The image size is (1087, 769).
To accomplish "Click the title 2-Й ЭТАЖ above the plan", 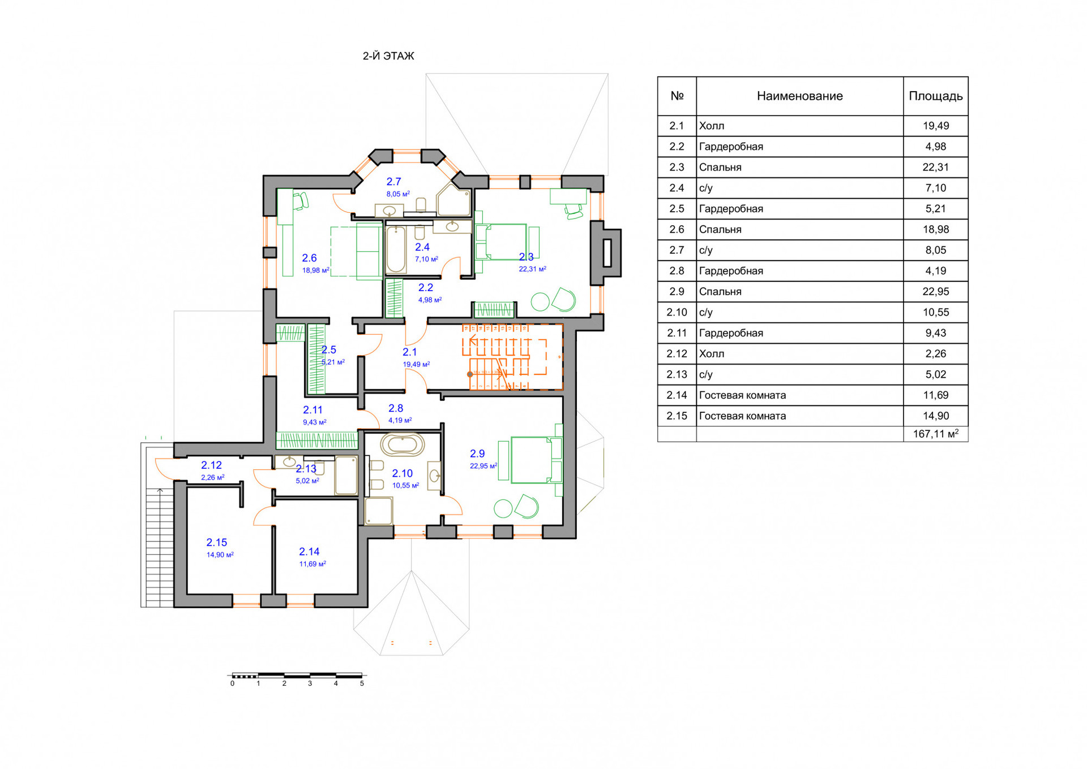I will (x=388, y=56).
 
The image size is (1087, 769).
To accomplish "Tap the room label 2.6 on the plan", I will (x=309, y=258).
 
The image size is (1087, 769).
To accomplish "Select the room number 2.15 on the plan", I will (x=216, y=542).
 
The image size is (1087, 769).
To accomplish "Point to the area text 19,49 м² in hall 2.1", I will (x=416, y=364).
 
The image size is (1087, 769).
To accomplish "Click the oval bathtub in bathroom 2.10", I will (x=402, y=445).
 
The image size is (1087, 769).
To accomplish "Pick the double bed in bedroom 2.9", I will (x=531, y=460).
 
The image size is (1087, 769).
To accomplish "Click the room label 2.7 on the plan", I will (x=393, y=182).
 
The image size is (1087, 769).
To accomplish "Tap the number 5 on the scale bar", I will (x=362, y=683).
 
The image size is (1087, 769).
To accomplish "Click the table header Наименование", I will (x=799, y=96).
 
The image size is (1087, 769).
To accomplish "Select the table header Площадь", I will (x=935, y=96).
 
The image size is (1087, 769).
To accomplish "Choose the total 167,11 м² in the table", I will (x=935, y=434).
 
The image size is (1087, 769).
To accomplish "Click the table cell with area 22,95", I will (x=935, y=292).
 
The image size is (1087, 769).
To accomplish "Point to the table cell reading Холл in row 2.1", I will (x=712, y=126).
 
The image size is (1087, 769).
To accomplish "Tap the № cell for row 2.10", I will (x=677, y=312).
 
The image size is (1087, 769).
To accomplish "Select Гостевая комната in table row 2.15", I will (x=742, y=416).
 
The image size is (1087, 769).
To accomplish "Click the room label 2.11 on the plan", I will (x=313, y=410).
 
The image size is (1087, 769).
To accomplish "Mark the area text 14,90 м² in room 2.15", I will (x=220, y=555).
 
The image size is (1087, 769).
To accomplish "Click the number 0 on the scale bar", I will (x=232, y=683).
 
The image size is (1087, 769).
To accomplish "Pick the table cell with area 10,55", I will (x=935, y=312).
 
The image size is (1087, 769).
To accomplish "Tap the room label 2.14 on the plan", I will (x=309, y=552).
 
